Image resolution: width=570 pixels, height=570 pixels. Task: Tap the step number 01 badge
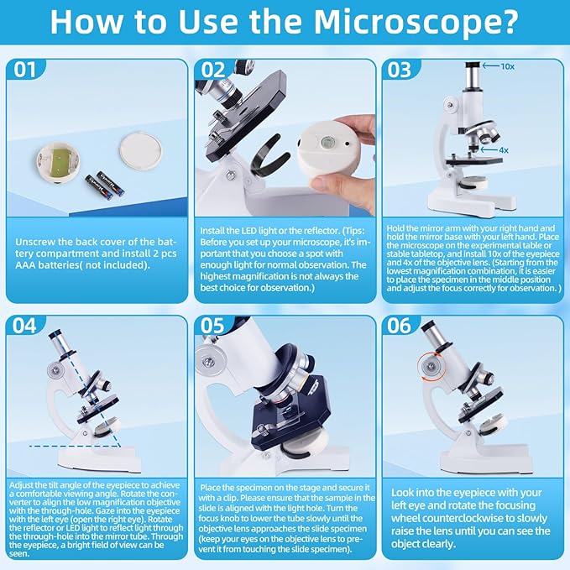pyautogui.click(x=26, y=70)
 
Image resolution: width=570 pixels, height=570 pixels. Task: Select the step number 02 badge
pyautogui.click(x=213, y=70)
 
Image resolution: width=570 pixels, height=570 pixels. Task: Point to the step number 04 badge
pyautogui.click(x=26, y=326)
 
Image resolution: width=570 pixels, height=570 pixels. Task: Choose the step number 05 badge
pyautogui.click(x=213, y=326)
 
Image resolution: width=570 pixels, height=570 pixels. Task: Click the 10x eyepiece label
pyautogui.click(x=507, y=65)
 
